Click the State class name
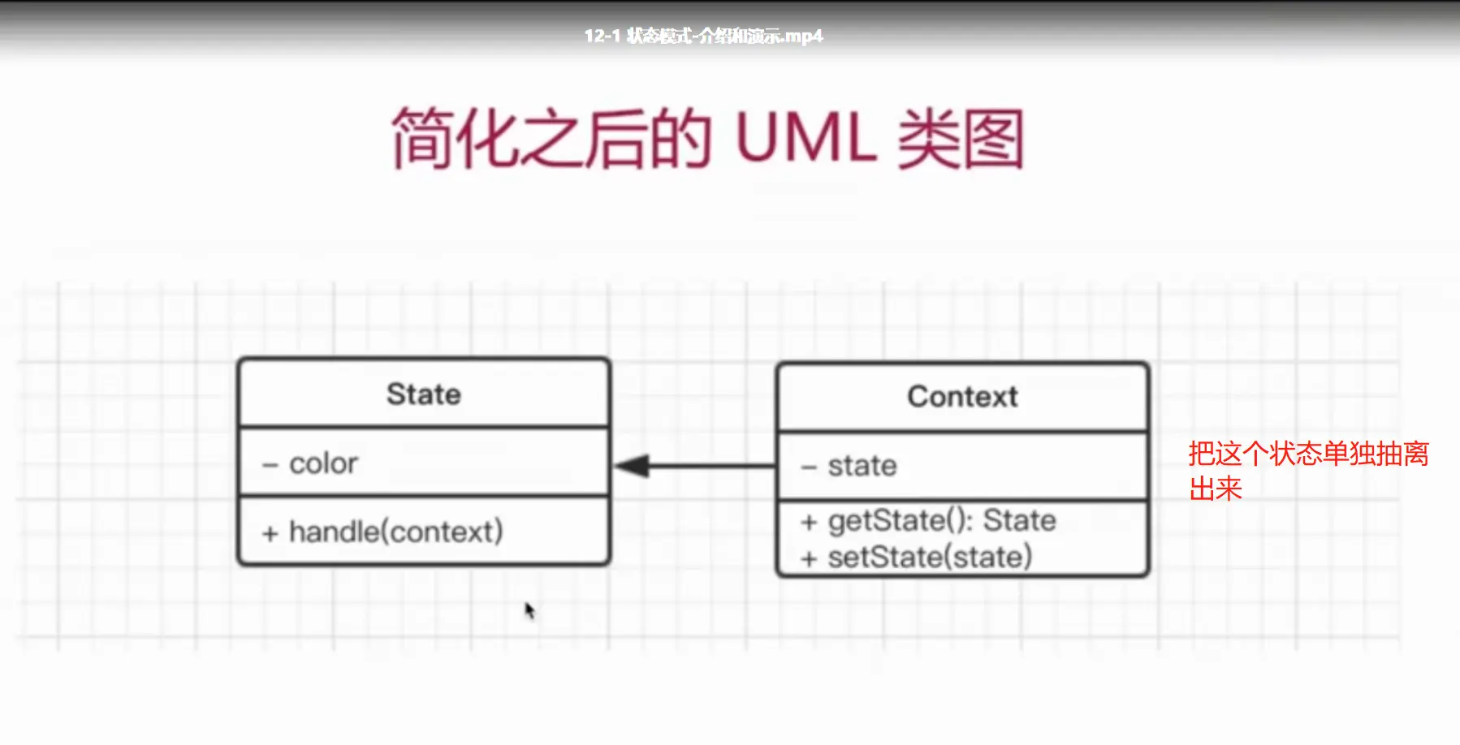tap(423, 394)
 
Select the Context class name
tap(962, 397)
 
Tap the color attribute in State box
tap(323, 463)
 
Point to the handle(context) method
tap(396, 532)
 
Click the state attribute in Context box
tap(862, 466)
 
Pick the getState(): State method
tap(942, 520)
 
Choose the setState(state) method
tap(930, 558)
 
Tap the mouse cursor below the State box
tap(529, 610)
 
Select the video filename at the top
tap(703, 36)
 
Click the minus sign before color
tap(270, 465)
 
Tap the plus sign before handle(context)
tap(270, 533)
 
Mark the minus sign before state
tap(809, 467)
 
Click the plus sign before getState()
tap(809, 522)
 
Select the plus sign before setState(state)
tap(809, 558)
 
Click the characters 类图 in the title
tap(961, 140)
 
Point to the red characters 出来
tap(1216, 489)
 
